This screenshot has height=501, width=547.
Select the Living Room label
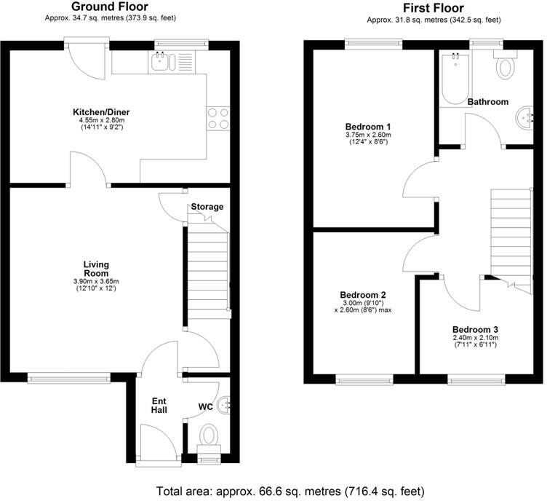[x=95, y=269]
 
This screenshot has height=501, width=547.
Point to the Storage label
[x=207, y=207]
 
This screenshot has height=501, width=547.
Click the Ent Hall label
[x=159, y=406]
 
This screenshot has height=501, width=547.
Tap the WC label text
[x=206, y=407]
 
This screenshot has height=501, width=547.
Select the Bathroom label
[x=487, y=102]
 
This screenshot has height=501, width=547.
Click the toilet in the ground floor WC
[x=209, y=436]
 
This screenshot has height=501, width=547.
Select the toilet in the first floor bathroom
[x=503, y=67]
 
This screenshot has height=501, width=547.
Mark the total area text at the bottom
[x=290, y=490]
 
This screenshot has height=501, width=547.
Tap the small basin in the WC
[x=224, y=403]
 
